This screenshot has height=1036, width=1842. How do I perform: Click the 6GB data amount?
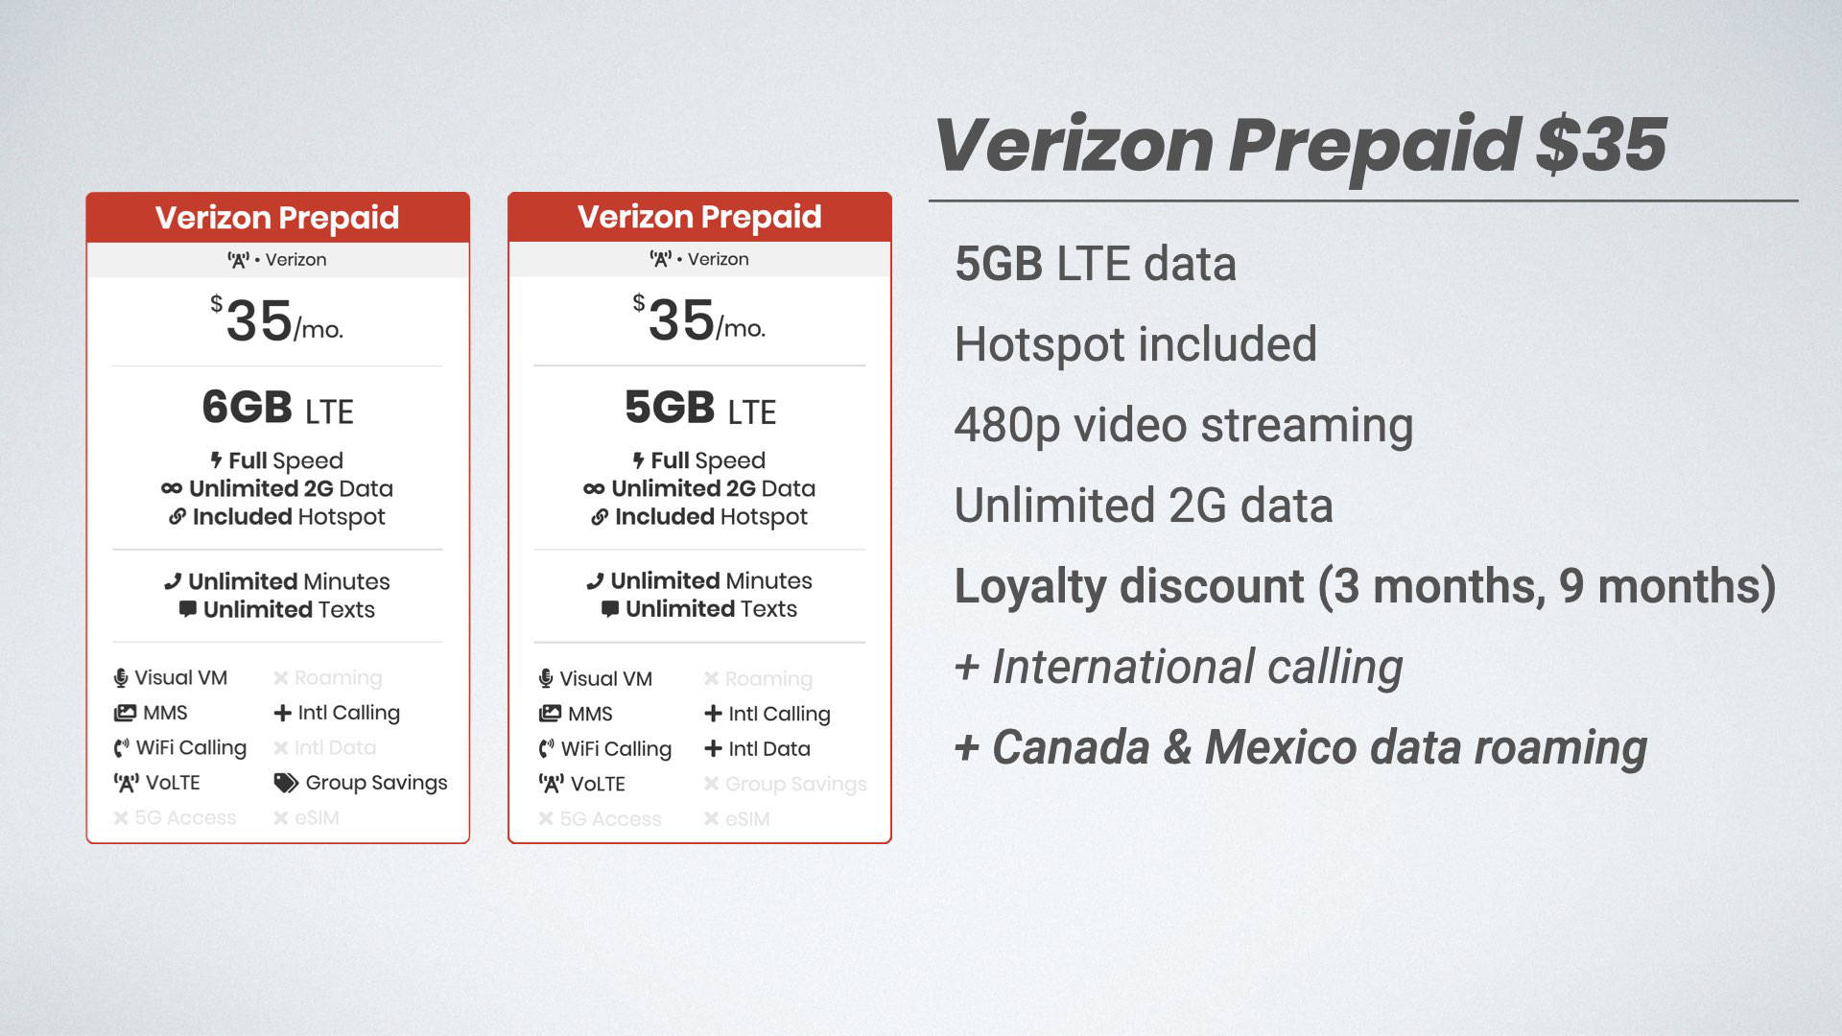tap(247, 408)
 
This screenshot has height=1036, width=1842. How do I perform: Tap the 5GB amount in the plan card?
tap(670, 408)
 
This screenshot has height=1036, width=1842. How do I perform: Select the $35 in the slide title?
tap(1600, 145)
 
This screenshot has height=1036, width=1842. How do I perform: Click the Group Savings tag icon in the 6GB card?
tap(285, 783)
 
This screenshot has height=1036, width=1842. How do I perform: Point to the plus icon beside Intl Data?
tap(713, 748)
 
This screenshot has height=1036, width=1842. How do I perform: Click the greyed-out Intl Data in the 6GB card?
tap(334, 747)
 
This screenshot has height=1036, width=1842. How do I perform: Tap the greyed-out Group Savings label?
tap(794, 784)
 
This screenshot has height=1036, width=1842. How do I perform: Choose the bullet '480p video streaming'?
tap(1183, 425)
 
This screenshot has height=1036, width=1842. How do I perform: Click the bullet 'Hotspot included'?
tap(1135, 344)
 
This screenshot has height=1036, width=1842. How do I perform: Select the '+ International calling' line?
tap(1178, 667)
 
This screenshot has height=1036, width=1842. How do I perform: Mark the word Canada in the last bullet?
tap(1070, 747)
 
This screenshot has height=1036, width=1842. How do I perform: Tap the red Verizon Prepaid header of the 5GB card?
tap(699, 217)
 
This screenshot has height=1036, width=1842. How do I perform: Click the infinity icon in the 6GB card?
tap(172, 488)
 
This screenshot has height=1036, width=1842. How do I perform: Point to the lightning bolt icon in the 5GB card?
tap(638, 460)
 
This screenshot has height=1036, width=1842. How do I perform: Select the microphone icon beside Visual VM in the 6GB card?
tap(121, 678)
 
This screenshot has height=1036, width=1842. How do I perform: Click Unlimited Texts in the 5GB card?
tap(710, 609)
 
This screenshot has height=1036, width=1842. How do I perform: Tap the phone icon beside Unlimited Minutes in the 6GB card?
tap(173, 581)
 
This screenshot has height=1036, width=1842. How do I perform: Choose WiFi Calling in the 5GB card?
tap(615, 748)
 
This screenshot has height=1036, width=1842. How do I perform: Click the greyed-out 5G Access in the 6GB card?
tap(184, 817)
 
